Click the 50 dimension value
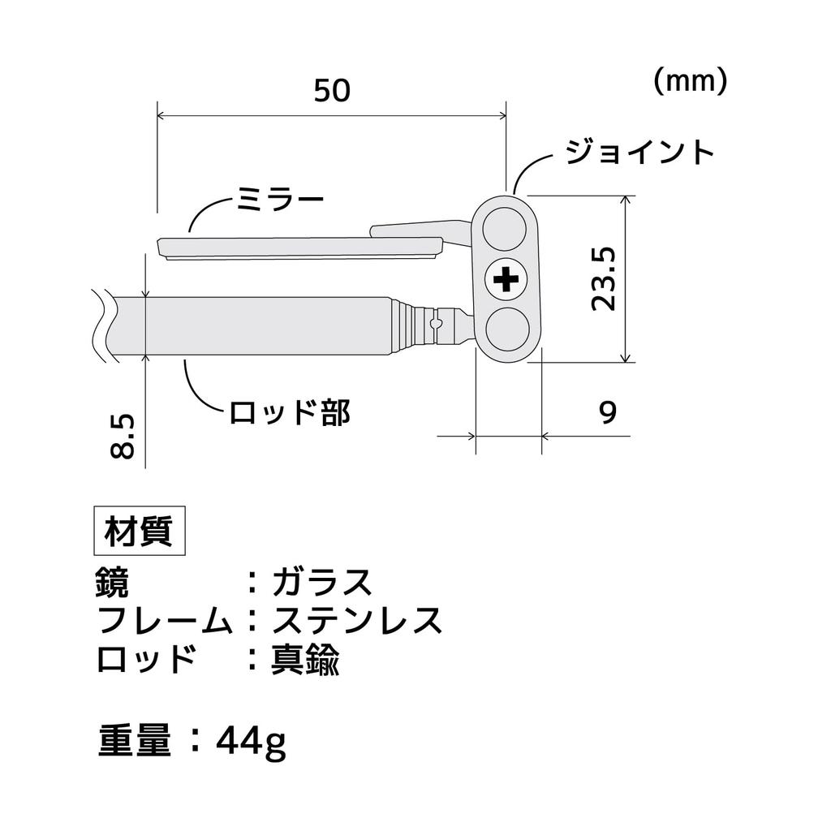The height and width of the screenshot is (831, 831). (x=332, y=91)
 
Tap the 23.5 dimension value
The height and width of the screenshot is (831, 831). (x=604, y=279)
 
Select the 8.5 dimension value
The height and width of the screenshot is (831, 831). (x=123, y=437)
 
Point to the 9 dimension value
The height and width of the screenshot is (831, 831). (x=608, y=411)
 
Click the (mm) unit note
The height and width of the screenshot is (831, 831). (x=691, y=82)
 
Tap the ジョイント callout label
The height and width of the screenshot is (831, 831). (x=640, y=153)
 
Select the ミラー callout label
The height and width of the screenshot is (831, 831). (x=280, y=201)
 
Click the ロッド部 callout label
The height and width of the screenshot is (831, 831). (x=290, y=412)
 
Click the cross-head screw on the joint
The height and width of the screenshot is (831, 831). (x=506, y=279)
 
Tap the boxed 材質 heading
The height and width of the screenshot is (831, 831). (x=140, y=531)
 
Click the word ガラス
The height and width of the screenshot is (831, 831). (x=322, y=583)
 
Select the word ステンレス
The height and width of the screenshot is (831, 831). (x=357, y=620)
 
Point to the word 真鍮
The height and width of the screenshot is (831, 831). (x=305, y=659)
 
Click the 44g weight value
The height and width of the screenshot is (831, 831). (x=252, y=742)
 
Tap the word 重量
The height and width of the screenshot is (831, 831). (x=136, y=740)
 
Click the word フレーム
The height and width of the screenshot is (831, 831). (x=165, y=620)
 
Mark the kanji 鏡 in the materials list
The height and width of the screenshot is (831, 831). (x=112, y=582)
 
